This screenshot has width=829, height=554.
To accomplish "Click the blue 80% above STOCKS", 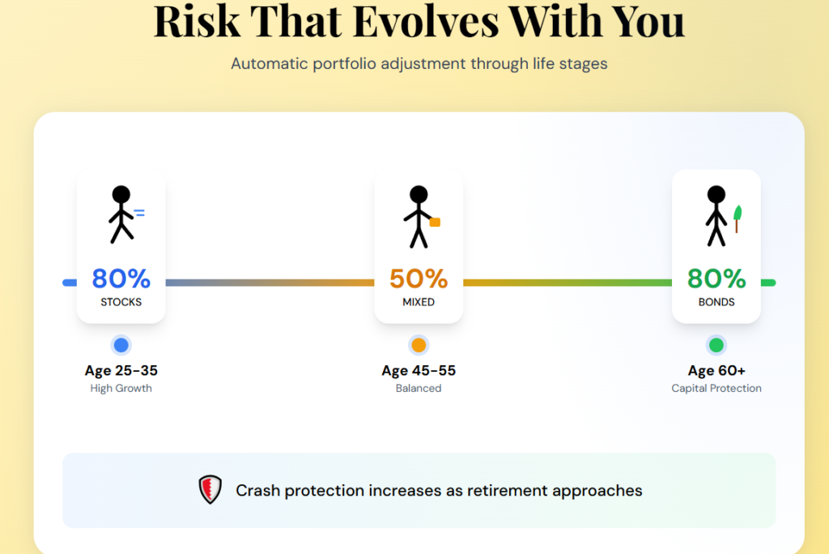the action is pyautogui.click(x=121, y=279).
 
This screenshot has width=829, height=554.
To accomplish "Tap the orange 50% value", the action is pyautogui.click(x=419, y=279).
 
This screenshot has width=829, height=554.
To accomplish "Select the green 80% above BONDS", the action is pyautogui.click(x=716, y=279).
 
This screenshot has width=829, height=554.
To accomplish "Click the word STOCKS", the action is pyautogui.click(x=121, y=302).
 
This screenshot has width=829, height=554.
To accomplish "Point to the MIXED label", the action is pyautogui.click(x=419, y=302).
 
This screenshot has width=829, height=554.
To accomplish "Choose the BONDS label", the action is pyautogui.click(x=716, y=302).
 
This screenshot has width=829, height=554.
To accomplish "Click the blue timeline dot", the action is pyautogui.click(x=121, y=345).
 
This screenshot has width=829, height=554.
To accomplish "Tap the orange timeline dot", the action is pyautogui.click(x=419, y=345).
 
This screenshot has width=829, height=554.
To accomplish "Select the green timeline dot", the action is pyautogui.click(x=716, y=345).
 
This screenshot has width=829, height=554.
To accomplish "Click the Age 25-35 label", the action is pyautogui.click(x=121, y=370).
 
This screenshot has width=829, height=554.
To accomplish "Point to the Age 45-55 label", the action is pyautogui.click(x=419, y=370).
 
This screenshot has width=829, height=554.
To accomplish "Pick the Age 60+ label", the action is pyautogui.click(x=716, y=370).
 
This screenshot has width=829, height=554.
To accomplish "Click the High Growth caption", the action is pyautogui.click(x=121, y=389).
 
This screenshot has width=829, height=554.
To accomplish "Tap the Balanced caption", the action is pyautogui.click(x=419, y=389).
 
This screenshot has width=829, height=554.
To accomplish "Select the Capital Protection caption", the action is pyautogui.click(x=716, y=389).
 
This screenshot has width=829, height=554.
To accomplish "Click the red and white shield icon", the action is pyautogui.click(x=210, y=489).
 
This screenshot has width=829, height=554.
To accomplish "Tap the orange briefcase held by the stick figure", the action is pyautogui.click(x=435, y=222).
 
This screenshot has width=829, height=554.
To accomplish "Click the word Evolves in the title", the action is pyautogui.click(x=426, y=21).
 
